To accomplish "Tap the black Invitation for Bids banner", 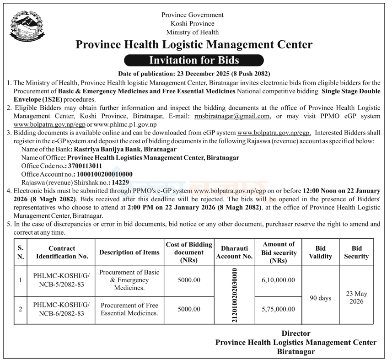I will click(194, 60).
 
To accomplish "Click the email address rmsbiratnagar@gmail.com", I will click(232, 116).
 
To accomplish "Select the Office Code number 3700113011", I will click(86, 166).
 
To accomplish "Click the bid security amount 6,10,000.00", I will click(279, 280).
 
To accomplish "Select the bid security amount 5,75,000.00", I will click(279, 309).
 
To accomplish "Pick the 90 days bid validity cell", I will click(320, 298).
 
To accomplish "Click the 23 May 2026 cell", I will click(356, 298).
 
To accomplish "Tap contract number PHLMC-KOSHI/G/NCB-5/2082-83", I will click(62, 280).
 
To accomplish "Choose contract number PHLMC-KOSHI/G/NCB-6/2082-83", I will click(62, 309).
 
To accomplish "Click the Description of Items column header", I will click(129, 253).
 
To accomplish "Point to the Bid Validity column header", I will click(320, 252).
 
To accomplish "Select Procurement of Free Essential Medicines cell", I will click(129, 309).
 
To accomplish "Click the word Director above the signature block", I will click(295, 333).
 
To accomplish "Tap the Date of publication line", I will click(194, 74).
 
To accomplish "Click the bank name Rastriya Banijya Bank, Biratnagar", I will click(124, 149).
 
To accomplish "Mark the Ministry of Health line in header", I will click(193, 32).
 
